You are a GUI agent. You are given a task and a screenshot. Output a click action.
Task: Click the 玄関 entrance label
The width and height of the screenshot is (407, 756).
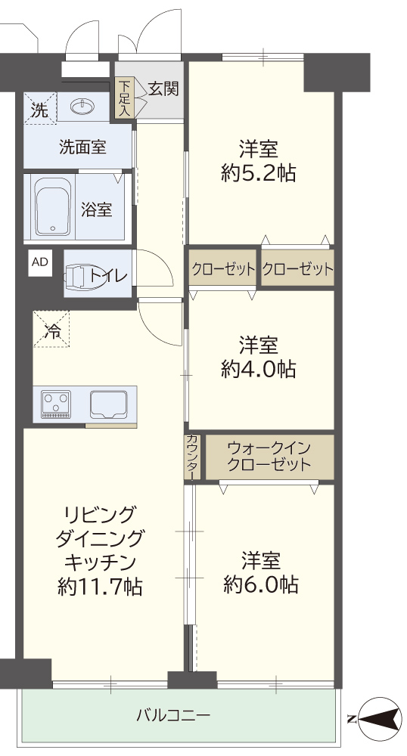[x=163, y=88]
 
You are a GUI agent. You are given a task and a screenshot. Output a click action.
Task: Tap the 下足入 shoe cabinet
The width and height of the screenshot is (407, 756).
[x=125, y=98]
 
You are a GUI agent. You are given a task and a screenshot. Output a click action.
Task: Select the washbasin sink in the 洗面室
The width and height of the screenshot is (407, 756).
[x=85, y=106]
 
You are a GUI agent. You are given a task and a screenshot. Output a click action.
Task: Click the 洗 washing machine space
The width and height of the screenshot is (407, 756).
[x=40, y=108]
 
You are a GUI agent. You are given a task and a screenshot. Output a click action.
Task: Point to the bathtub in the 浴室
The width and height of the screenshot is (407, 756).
[x=52, y=207]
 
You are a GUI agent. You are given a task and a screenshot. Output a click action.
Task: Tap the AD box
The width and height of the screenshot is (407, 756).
[x=41, y=262]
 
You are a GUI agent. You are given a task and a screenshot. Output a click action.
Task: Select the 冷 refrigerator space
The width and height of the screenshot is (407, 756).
[x=51, y=329]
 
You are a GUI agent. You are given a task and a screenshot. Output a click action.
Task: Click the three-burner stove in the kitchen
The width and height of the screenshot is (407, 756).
[x=56, y=404]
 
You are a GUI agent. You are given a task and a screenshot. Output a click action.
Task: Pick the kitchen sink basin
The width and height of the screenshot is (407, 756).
[x=108, y=404]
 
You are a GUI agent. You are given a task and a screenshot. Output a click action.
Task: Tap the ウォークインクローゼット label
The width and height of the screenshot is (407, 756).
[x=269, y=457]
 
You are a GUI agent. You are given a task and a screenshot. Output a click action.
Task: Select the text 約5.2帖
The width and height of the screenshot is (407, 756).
[x=259, y=172]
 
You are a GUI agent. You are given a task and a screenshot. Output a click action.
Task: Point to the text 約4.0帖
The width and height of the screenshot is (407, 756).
[x=259, y=370]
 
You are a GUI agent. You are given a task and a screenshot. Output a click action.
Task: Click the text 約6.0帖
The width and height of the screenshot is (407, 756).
[x=260, y=585]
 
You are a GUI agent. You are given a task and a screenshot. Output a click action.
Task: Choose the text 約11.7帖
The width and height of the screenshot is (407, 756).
[x=100, y=587]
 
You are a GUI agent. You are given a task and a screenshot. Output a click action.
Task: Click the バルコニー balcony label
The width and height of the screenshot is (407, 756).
[x=173, y=714]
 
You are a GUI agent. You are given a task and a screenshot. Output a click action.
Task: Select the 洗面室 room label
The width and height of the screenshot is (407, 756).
[x=82, y=146]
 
